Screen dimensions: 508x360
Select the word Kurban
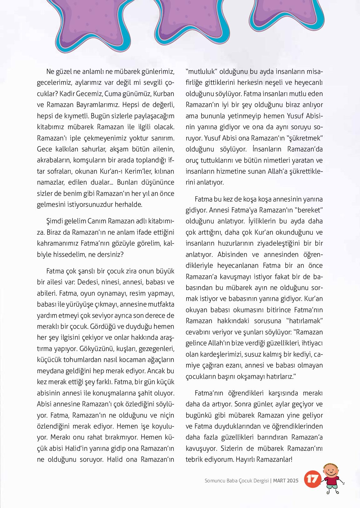[x=163, y=94]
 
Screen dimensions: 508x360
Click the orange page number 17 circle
[x=312, y=479]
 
